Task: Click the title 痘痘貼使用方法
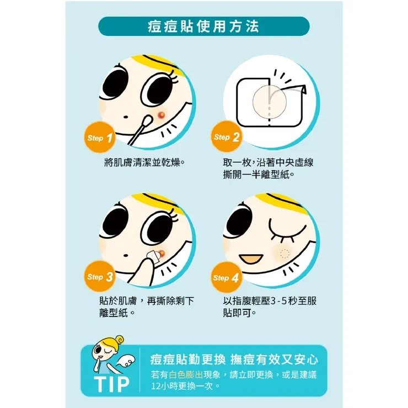point(203,26)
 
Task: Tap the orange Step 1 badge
point(100,137)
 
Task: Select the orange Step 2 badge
point(227,137)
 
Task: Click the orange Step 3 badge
point(100,277)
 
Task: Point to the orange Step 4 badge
point(227,277)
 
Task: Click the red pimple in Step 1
point(161,114)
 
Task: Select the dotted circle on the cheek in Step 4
point(284,254)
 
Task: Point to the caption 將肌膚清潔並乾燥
point(143,162)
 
